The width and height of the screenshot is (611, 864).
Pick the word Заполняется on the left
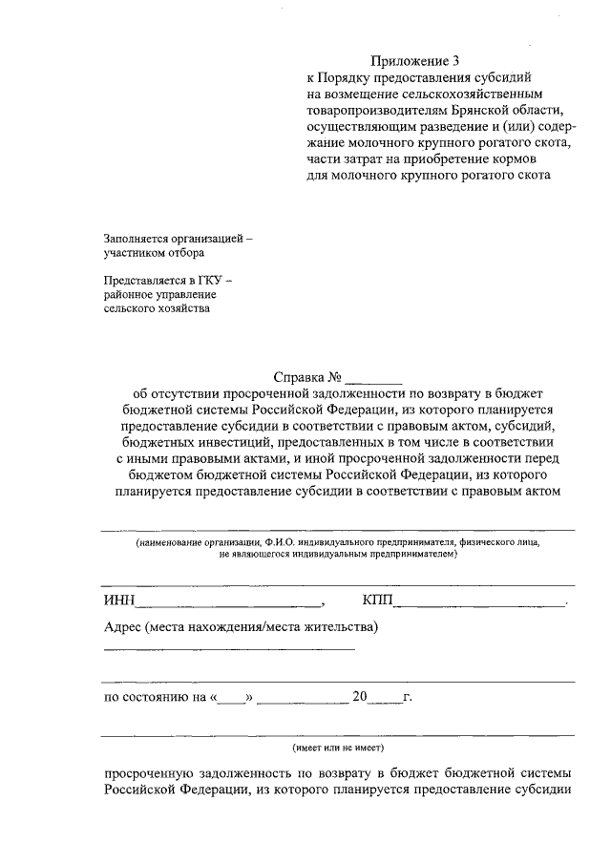click(138, 238)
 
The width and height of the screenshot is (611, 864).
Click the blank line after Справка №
click(375, 379)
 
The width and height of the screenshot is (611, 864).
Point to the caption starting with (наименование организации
click(337, 542)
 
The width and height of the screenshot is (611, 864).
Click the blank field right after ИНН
click(229, 602)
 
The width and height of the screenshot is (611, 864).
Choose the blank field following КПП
click(479, 602)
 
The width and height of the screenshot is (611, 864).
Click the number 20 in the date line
click(360, 697)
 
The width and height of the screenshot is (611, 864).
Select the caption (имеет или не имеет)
click(338, 748)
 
